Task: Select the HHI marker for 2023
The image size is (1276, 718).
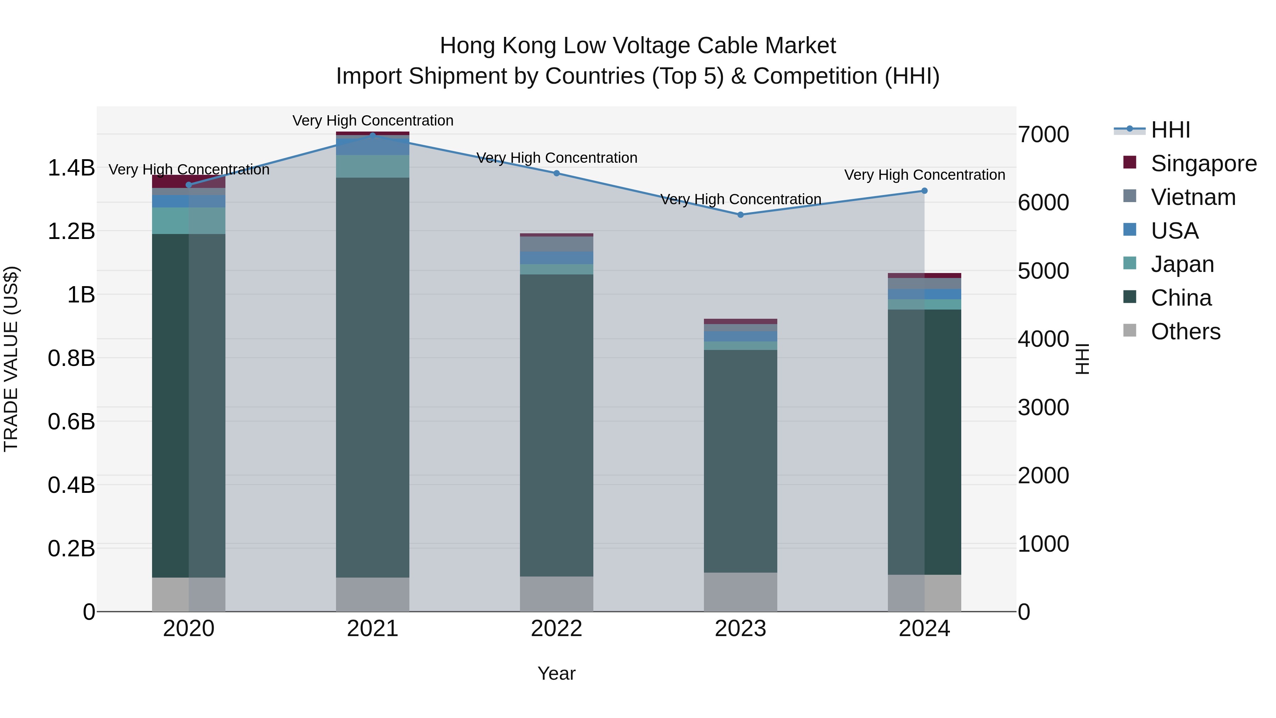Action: click(740, 215)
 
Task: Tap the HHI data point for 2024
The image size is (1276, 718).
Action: click(924, 191)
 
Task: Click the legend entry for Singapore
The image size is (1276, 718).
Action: click(1203, 163)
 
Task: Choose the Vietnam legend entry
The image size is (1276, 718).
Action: click(1193, 197)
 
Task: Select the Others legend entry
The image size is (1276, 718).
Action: click(1185, 332)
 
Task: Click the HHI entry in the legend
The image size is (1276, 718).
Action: click(1170, 130)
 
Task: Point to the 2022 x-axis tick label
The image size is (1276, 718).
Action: click(556, 629)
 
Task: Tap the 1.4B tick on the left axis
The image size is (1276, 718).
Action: click(71, 168)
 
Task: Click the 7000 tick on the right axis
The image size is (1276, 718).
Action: click(1043, 135)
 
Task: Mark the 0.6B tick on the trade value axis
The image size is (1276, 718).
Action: click(71, 422)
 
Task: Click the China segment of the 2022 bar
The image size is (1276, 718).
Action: click(556, 425)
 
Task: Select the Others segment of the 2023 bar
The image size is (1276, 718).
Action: click(740, 592)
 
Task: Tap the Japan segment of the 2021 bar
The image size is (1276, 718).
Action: click(373, 166)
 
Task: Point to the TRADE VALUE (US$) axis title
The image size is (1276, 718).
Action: click(11, 359)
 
